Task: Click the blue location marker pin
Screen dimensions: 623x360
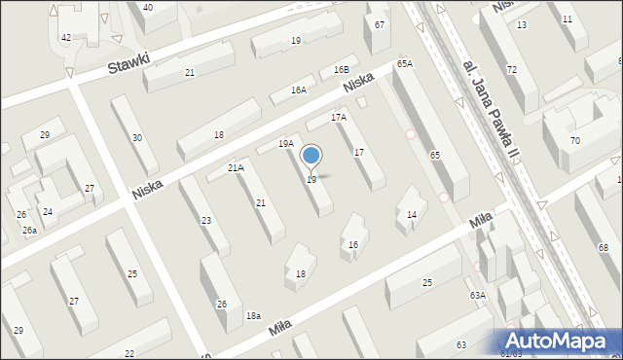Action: (x=311, y=157)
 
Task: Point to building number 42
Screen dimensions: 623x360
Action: (x=66, y=37)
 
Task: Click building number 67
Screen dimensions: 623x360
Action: (x=380, y=23)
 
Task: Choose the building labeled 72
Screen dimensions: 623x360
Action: (x=511, y=70)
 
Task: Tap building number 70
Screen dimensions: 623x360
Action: (x=575, y=141)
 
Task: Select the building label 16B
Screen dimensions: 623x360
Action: (x=341, y=70)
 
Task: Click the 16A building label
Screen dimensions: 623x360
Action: (x=299, y=90)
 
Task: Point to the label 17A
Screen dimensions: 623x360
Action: (x=338, y=118)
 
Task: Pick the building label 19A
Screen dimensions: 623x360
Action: (x=285, y=143)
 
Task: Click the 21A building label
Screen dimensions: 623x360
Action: (x=236, y=167)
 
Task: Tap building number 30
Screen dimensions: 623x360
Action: (x=137, y=138)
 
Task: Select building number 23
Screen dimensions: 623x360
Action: (x=206, y=221)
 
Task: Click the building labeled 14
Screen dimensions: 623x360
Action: (x=412, y=214)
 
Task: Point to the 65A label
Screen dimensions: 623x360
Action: (x=405, y=63)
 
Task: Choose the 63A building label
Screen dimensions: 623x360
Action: (x=477, y=294)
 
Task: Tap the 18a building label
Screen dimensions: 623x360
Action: (x=253, y=315)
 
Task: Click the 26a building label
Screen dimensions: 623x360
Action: (x=30, y=231)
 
